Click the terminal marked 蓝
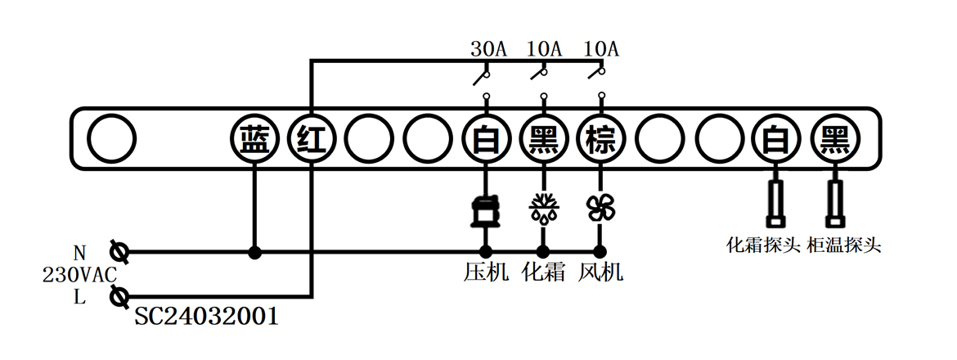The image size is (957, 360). [x=254, y=141]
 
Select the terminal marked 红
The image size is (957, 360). [x=312, y=141]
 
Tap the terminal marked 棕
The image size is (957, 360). [x=600, y=141]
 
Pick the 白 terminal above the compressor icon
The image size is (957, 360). [x=485, y=141]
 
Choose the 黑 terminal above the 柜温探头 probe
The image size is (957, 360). [x=834, y=141]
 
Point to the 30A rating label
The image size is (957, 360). [x=488, y=49]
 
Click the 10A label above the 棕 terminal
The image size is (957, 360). [x=601, y=49]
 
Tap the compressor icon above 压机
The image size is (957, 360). [x=485, y=210]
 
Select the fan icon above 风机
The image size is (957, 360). [x=600, y=209]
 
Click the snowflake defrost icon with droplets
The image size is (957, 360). [x=542, y=209]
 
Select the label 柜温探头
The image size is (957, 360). [x=844, y=245]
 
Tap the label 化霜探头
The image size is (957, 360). [x=762, y=245]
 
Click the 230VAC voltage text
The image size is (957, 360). [x=79, y=275]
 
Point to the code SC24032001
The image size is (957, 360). [x=206, y=317]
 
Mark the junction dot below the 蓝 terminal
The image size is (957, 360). [x=254, y=252]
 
